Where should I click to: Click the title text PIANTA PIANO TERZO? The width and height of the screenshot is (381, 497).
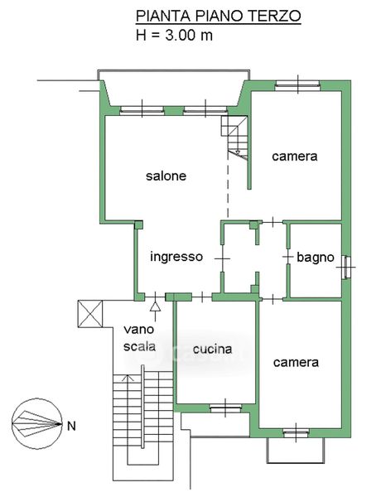(219, 16)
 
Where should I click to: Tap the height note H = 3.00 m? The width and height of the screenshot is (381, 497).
(174, 35)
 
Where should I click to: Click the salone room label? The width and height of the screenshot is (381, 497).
(166, 176)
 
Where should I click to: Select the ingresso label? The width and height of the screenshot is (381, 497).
(176, 257)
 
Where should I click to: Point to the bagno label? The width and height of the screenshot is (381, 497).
(316, 258)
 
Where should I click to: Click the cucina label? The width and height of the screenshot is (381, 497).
(213, 350)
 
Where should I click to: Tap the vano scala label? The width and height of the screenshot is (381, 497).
(139, 338)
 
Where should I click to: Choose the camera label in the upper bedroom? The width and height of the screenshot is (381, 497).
(295, 157)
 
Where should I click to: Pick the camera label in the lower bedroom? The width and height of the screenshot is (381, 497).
(296, 362)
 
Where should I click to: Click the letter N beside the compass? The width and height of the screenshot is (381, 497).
(71, 426)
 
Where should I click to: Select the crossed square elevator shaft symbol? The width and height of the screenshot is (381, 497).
(90, 314)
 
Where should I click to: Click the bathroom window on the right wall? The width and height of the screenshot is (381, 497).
(347, 268)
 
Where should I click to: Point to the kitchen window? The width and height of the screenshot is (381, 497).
(225, 408)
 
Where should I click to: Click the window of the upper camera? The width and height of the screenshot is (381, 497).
(297, 85)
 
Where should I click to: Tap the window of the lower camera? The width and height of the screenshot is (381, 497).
(296, 433)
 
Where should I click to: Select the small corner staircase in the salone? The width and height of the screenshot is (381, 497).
(234, 138)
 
